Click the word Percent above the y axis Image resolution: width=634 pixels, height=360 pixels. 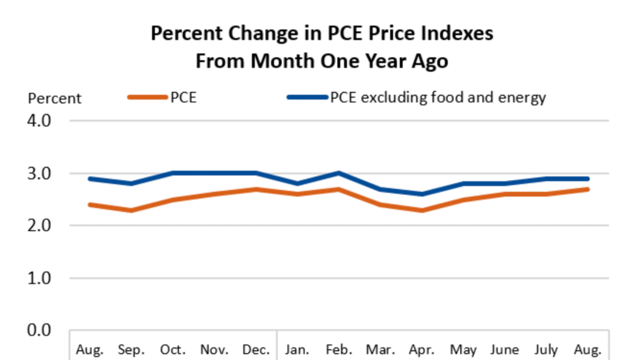[x=55, y=98]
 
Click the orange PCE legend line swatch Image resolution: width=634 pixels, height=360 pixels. [x=148, y=97]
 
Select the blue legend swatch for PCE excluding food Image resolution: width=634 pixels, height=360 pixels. [x=307, y=97]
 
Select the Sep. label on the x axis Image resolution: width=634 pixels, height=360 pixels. [x=131, y=350]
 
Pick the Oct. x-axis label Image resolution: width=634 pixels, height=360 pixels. [x=173, y=350]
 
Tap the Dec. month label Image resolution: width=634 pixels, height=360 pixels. [x=256, y=350]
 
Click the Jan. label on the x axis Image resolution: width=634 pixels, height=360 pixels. [x=297, y=350]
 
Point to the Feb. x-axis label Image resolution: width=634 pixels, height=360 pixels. [x=339, y=350]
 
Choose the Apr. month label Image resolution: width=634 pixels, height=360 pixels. [x=422, y=350]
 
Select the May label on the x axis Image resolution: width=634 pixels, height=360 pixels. [x=463, y=350]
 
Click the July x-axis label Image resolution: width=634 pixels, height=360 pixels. [x=547, y=350]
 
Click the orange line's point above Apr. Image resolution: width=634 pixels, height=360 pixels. [x=422, y=210]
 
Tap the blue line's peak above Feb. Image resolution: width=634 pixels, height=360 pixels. [x=339, y=173]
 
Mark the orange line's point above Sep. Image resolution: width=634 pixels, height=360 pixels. [x=131, y=210]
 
